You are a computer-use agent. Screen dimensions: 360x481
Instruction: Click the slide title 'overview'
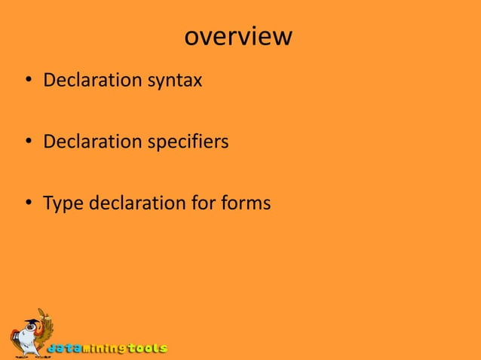click(x=237, y=36)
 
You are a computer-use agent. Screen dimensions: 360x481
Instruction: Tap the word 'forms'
click(x=245, y=203)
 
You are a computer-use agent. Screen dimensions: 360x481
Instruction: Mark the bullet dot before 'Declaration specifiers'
click(x=28, y=142)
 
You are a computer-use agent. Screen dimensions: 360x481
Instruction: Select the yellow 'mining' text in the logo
click(x=104, y=349)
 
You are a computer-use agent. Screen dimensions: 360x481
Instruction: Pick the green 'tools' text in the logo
click(x=146, y=348)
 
